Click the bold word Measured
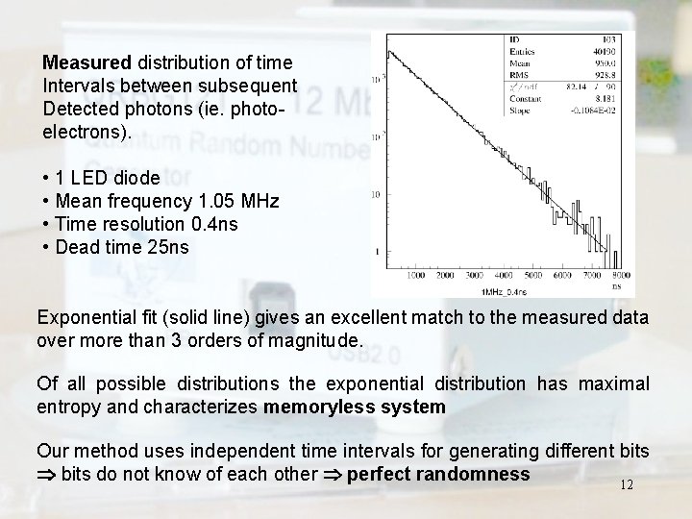(86, 62)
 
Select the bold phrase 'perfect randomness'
(438, 474)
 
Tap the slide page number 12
(627, 485)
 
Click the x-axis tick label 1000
(415, 277)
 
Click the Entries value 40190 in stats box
(604, 49)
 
